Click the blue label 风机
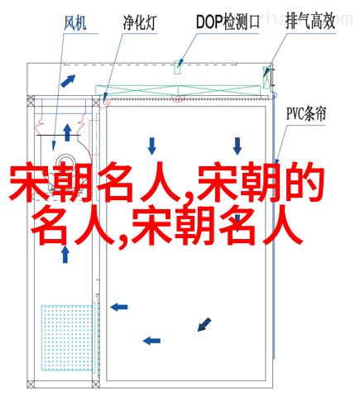[75, 23]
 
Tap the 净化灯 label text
[140, 22]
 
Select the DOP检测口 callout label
[228, 22]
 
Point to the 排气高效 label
[310, 22]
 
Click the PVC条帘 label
[306, 113]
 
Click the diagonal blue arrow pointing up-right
[68, 81]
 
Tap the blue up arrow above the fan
[67, 132]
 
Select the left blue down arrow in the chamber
[151, 146]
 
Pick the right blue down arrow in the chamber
[238, 146]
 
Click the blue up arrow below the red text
[65, 255]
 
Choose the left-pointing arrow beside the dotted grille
[119, 307]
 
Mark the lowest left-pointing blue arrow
[151, 341]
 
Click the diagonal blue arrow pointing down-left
[204, 324]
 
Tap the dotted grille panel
[67, 337]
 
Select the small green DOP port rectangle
[178, 67]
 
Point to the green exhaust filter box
[266, 77]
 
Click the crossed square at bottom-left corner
[31, 385]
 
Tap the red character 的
[305, 182]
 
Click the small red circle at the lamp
[106, 102]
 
